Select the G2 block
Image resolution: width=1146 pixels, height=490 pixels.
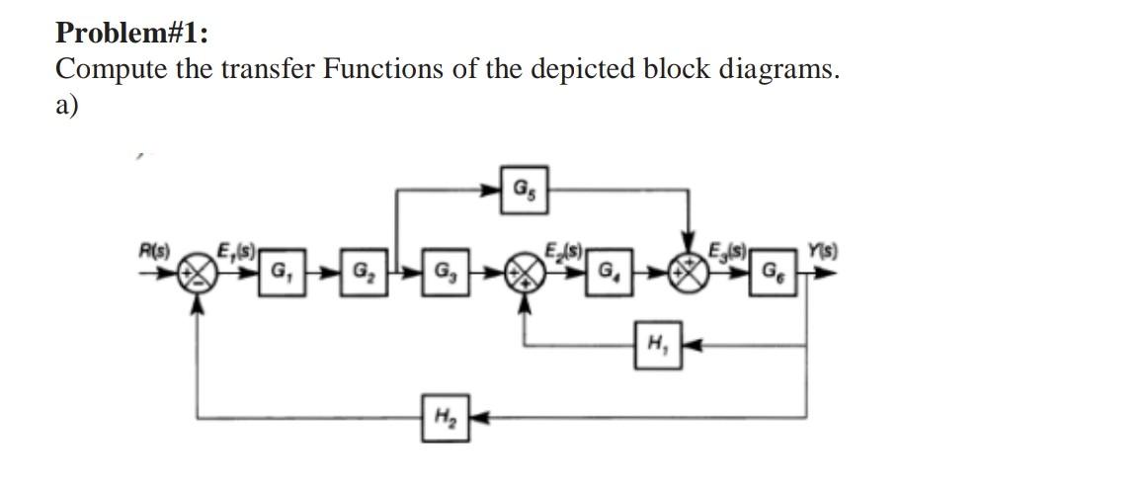tap(357, 271)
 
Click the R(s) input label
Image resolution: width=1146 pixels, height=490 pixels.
tap(155, 251)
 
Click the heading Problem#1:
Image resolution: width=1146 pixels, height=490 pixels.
tap(131, 33)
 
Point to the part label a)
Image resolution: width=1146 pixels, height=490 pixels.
tap(66, 105)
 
